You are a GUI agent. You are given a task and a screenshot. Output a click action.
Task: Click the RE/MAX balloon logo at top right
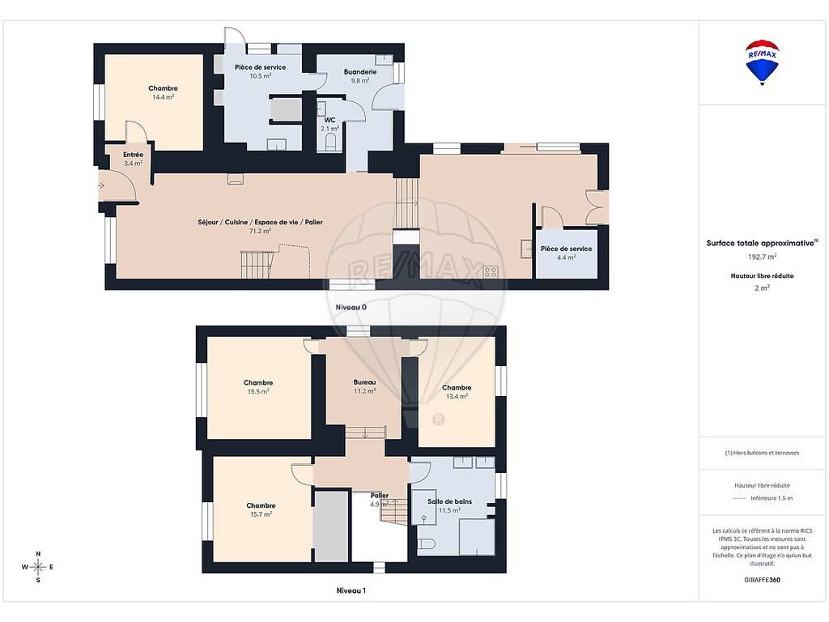point(762,62)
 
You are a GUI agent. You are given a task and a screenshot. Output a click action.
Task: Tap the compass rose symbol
point(38,567)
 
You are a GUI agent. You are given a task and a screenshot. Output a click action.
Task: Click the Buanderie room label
point(360,72)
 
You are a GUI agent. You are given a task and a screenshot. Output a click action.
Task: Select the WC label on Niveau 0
point(330,120)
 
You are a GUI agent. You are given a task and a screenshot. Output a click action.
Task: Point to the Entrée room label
point(134,155)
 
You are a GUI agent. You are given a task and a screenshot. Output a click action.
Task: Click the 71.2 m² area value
point(260,231)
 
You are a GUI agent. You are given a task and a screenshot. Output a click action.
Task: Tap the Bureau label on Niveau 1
point(364,382)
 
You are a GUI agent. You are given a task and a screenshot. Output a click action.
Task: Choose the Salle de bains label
point(449,501)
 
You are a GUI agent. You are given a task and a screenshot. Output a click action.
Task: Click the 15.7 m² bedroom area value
point(261,514)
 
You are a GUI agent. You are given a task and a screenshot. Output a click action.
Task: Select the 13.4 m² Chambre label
point(457,388)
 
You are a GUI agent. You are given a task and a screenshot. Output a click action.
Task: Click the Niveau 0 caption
point(351,307)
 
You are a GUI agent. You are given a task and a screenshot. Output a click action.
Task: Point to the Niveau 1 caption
point(351,590)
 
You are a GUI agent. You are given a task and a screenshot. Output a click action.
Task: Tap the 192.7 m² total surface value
point(762,257)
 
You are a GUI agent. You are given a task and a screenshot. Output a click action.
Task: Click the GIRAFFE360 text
point(762,580)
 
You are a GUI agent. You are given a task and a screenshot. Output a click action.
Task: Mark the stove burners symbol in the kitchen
point(491,272)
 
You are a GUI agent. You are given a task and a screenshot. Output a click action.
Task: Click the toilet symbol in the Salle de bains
point(426,543)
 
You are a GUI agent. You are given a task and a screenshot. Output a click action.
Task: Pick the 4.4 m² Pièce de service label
point(566,249)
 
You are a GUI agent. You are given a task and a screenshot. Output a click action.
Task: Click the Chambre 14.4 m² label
point(163,88)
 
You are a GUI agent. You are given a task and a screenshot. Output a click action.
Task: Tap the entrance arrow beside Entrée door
point(100,185)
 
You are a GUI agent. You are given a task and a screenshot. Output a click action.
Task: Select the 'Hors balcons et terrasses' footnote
point(762,453)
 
